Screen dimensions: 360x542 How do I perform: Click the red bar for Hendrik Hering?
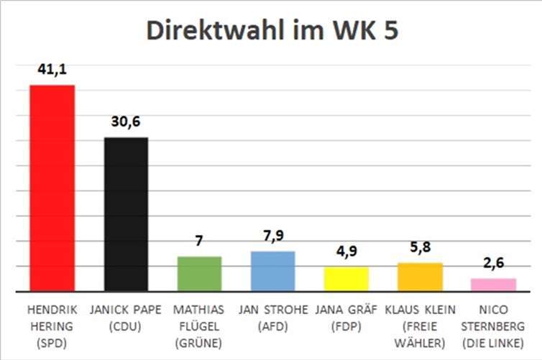(52, 188)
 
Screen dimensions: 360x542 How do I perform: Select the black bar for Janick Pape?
(126, 214)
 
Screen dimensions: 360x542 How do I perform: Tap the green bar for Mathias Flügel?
(199, 274)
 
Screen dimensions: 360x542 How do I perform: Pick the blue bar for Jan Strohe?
(273, 272)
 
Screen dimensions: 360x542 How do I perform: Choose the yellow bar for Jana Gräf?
(346, 279)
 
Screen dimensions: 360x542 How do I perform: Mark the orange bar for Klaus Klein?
(420, 277)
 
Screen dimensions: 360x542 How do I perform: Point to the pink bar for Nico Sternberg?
(493, 285)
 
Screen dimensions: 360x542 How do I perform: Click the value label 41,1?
(52, 70)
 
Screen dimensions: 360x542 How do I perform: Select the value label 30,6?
(126, 122)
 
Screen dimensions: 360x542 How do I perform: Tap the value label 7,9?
(273, 236)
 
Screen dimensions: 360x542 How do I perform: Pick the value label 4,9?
(346, 252)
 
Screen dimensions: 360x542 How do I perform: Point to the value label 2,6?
(493, 264)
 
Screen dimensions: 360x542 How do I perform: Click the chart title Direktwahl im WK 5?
(272, 32)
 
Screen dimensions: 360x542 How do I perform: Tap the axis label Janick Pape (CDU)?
(126, 317)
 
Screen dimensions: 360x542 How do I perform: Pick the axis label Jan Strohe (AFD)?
(273, 317)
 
